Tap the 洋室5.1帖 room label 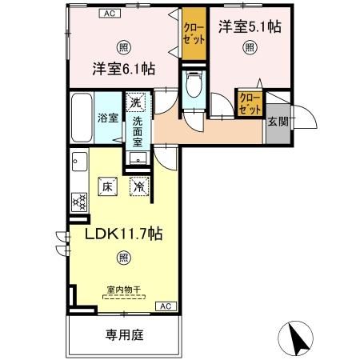[248, 26]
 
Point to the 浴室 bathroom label [108, 118]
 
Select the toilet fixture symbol [192, 85]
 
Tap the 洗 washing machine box [137, 102]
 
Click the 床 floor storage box [108, 186]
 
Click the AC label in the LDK [165, 306]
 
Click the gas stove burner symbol [80, 202]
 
